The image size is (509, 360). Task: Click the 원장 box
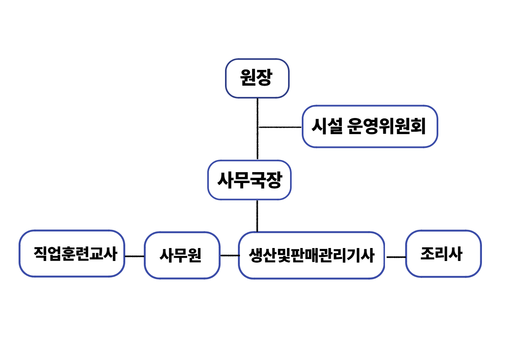click(257, 78)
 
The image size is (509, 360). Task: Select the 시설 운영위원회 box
click(370, 126)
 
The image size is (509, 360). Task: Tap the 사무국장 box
click(249, 180)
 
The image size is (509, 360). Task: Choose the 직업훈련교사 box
click(72, 254)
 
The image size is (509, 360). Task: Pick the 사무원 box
click(182, 255)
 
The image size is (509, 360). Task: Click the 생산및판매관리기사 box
click(311, 255)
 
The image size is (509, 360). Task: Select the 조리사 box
click(443, 254)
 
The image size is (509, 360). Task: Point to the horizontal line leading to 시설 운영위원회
click(280, 127)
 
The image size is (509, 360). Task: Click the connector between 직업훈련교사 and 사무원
click(134, 256)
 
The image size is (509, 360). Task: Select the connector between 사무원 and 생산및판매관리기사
click(229, 255)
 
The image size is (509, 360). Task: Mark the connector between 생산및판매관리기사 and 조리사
click(395, 257)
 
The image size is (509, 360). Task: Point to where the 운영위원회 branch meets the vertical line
click(258, 127)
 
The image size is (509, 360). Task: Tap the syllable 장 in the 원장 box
click(264, 78)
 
